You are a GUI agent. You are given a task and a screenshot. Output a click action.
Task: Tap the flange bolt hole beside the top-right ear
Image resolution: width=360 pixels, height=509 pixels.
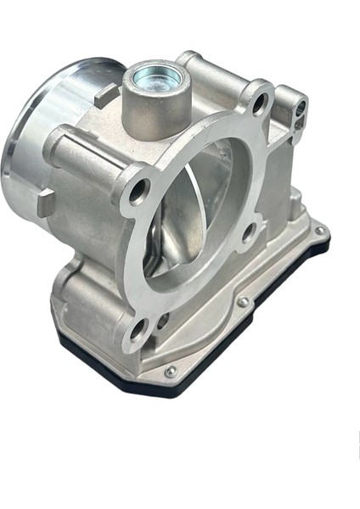[260, 104]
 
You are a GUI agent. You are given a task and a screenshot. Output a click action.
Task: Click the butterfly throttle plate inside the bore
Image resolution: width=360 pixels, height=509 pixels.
[183, 229]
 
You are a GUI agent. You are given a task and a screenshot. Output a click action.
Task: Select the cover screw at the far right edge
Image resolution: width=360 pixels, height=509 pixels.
[318, 230]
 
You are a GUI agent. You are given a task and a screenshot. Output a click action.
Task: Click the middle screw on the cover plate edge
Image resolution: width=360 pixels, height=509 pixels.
[243, 301]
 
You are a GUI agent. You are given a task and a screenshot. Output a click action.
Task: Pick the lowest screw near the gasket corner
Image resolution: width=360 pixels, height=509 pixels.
[171, 371]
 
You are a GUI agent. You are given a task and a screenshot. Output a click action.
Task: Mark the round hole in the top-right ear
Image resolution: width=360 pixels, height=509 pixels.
[301, 108]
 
